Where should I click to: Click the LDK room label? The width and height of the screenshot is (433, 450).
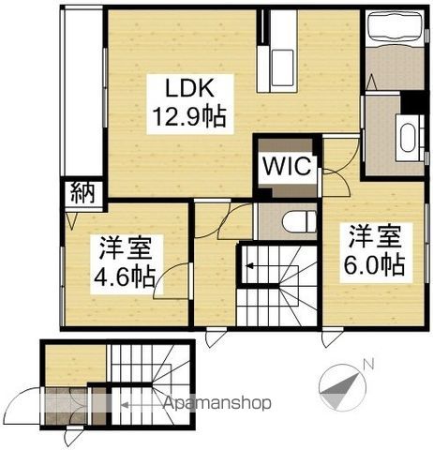click(x=189, y=88)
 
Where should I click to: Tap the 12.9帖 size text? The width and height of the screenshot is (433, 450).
click(x=189, y=116)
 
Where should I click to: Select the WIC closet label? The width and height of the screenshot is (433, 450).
click(x=287, y=166)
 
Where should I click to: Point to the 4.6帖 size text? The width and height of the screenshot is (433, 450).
click(x=125, y=277)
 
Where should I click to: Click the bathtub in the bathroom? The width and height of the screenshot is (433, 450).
click(x=395, y=27)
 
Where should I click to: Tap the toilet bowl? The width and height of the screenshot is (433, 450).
click(x=299, y=222)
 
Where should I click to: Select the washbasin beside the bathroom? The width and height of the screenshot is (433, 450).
click(x=409, y=138)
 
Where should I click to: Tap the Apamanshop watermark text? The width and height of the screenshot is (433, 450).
click(x=217, y=403)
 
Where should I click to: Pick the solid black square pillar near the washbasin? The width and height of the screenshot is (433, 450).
click(x=412, y=102)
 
